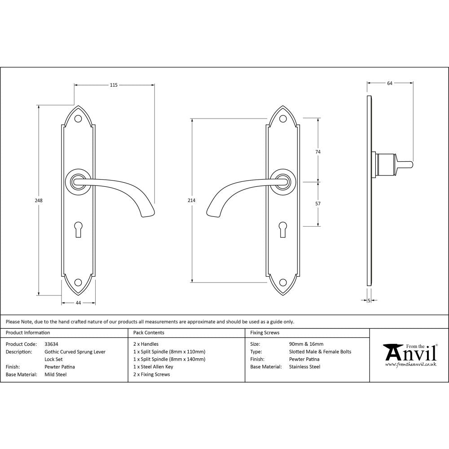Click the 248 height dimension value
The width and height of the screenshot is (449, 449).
point(40,201)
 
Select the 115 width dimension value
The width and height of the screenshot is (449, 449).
point(114,85)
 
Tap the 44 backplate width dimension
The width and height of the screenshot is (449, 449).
point(78,303)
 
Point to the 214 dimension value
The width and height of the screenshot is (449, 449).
point(192,201)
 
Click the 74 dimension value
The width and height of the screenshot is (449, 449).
point(318,152)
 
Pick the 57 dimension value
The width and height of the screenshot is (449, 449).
point(318,203)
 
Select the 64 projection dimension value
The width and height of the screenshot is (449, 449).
point(390,83)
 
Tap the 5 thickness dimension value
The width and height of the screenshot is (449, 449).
point(369,300)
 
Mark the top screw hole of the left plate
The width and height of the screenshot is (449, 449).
point(78,119)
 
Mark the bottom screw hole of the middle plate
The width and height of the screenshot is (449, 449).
point(283,282)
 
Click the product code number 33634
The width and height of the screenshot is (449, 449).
point(52,344)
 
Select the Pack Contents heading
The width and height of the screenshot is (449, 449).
point(149,333)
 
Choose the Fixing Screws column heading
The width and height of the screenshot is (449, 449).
point(264,333)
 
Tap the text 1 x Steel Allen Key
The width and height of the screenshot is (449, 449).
point(153,367)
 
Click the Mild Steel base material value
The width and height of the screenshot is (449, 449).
point(55,374)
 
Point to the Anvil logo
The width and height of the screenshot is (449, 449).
point(410,355)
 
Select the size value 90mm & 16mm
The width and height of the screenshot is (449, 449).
point(306,344)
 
